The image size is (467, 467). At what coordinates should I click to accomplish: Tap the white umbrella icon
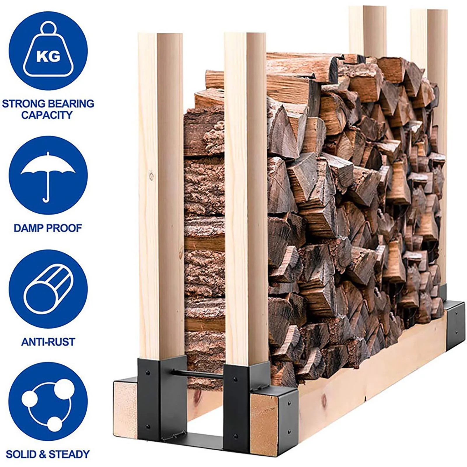pyautogui.click(x=47, y=177)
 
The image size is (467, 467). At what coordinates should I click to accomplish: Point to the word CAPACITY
pyautogui.click(x=47, y=115)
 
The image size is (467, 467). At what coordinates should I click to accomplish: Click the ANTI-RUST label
pyautogui.click(x=48, y=342)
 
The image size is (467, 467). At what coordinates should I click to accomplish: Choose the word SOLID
pyautogui.click(x=21, y=454)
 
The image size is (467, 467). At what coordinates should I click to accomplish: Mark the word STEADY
pyautogui.click(x=69, y=454)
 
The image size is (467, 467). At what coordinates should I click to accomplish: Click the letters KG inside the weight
pyautogui.click(x=48, y=56)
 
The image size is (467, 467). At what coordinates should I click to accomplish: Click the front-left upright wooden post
pyautogui.click(x=161, y=196)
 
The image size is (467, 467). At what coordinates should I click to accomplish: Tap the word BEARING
pyautogui.click(x=71, y=104)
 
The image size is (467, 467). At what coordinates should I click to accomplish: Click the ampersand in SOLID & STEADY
pyautogui.click(x=43, y=454)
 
